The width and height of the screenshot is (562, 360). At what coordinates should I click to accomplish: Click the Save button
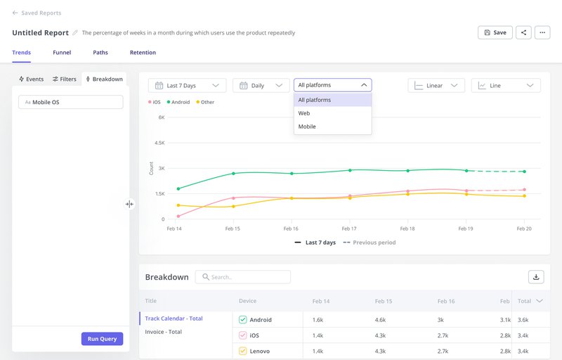[495, 32]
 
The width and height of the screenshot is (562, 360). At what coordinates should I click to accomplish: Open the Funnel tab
[62, 53]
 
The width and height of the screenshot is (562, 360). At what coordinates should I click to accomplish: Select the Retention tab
[143, 53]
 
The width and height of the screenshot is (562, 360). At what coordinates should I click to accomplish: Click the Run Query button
[102, 339]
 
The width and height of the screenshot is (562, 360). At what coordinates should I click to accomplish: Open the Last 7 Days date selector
[187, 86]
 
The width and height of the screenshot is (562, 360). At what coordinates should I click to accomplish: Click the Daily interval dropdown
[261, 86]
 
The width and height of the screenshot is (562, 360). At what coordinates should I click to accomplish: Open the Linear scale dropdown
[436, 86]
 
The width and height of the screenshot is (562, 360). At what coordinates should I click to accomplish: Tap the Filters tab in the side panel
[65, 79]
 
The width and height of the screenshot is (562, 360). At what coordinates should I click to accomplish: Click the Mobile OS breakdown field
[70, 102]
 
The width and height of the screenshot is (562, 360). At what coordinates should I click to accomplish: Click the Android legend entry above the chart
[178, 103]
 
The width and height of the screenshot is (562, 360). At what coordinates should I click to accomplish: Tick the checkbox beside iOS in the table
[243, 335]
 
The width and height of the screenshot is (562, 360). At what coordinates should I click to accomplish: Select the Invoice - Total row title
[164, 332]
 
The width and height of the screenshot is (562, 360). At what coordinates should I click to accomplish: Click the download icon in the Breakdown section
[536, 277]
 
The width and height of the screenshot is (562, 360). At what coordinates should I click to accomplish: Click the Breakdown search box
[242, 277]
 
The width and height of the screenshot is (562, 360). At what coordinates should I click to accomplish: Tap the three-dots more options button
[542, 32]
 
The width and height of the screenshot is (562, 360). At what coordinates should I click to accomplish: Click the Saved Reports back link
[37, 13]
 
